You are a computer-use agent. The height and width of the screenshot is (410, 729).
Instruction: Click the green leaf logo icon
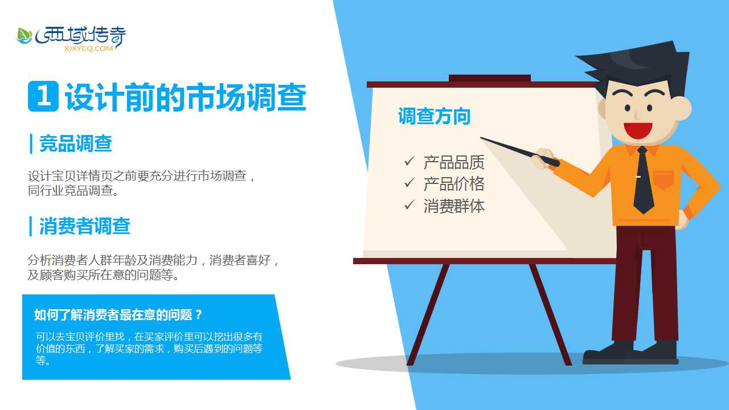click(x=24, y=36)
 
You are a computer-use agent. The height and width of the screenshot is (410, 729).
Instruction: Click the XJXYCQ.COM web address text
click(x=88, y=48)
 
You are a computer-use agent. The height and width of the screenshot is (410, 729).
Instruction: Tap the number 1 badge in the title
click(x=43, y=96)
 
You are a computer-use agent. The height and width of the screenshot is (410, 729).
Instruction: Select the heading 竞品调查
click(x=76, y=144)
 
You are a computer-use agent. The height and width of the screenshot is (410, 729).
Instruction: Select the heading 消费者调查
click(x=85, y=226)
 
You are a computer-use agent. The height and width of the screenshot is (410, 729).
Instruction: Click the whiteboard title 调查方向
click(x=435, y=116)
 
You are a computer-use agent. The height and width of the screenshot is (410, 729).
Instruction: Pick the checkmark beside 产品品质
click(x=409, y=161)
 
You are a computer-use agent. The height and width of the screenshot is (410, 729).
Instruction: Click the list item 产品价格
click(x=454, y=184)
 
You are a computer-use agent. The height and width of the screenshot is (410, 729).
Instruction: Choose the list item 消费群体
click(x=454, y=206)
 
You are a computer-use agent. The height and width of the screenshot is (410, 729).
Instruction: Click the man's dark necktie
click(x=643, y=180)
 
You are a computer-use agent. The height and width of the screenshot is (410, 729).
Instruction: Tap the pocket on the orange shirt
click(x=664, y=179)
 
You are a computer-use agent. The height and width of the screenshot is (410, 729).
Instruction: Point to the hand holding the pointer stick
click(x=542, y=158)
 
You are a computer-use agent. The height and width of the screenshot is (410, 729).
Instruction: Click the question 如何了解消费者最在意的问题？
click(x=118, y=315)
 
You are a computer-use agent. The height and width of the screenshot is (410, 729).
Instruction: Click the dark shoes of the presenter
click(x=630, y=353)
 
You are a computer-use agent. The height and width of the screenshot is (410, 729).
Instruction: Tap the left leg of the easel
click(x=428, y=314)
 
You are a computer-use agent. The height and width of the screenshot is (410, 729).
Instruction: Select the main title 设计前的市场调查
click(x=186, y=97)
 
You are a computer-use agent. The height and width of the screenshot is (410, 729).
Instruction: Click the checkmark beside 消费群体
click(x=409, y=205)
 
